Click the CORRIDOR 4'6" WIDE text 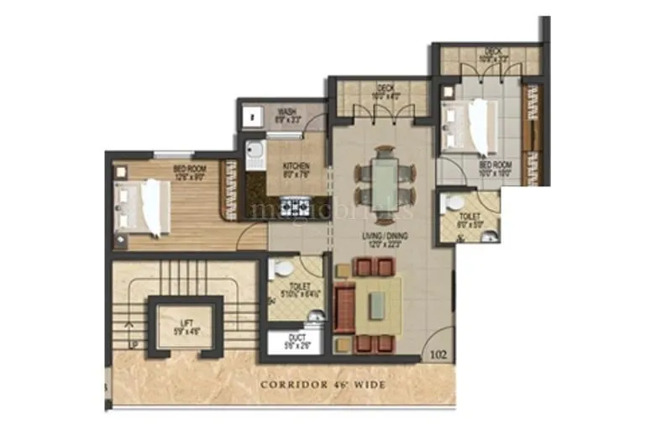[x=323, y=385]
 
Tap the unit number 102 [x=437, y=354]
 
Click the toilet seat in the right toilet [x=454, y=204]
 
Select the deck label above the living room [x=386, y=91]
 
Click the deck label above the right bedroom [x=493, y=55]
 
